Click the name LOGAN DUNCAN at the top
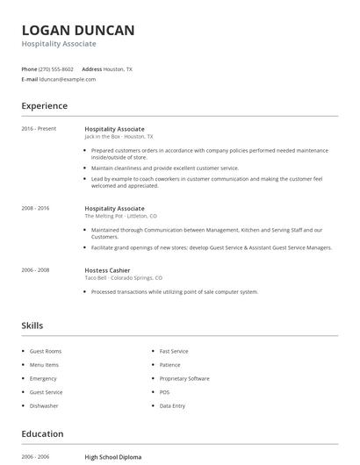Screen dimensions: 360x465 coord(78,31)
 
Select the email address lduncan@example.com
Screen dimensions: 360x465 coord(68,79)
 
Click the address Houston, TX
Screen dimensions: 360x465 coord(118,68)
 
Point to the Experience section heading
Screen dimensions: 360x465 coord(45,106)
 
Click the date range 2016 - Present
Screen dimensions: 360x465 coord(39,129)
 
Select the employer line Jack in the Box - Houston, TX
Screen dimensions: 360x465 coord(119,137)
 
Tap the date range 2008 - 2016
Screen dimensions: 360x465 coord(35,208)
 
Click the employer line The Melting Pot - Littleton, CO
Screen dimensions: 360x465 coord(120,216)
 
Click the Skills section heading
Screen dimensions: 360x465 coord(32,325)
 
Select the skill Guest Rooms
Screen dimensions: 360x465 coord(46,351)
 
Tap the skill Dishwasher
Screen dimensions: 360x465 coord(44,406)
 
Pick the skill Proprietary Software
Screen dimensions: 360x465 coord(184,378)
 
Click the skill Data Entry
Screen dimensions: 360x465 coord(172,406)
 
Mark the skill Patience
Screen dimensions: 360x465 coord(169,364)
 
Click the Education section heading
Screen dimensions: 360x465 coord(42,434)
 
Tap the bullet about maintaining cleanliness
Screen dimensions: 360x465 coord(165,168)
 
